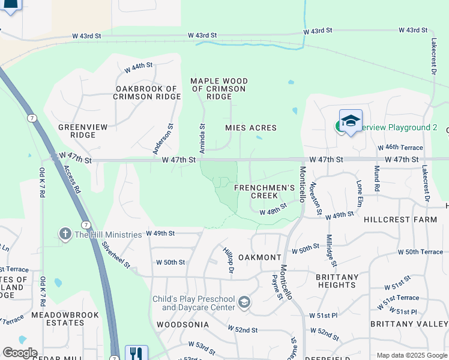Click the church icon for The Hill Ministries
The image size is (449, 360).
click(65, 233)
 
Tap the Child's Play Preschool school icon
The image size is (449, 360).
click(244, 303)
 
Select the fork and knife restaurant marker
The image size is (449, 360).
click(136, 353)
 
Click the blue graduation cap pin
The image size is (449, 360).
click(351, 121)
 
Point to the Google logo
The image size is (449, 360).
click(19, 353)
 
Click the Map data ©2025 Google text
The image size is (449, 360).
click(412, 355)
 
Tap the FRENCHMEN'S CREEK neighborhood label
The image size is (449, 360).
click(264, 191)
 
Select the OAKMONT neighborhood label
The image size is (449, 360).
click(259, 257)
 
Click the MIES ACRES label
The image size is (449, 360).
click(250, 128)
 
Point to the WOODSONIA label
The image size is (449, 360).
click(182, 324)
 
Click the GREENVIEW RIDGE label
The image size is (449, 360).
click(77, 131)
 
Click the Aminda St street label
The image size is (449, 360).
click(203, 138)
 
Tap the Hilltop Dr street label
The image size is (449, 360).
click(228, 261)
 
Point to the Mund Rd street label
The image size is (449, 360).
click(376, 178)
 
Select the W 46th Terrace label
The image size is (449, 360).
click(400, 147)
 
